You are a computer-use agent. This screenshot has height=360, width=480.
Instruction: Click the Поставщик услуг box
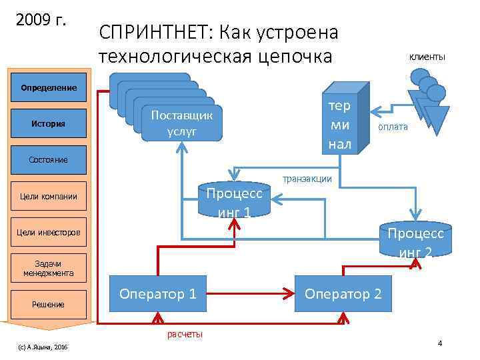tap(182, 123)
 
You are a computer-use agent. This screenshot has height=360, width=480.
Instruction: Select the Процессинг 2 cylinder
tap(415, 240)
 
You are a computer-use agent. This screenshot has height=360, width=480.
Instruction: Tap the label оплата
tap(393, 127)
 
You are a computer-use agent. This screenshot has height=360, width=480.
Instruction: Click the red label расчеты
tap(185, 334)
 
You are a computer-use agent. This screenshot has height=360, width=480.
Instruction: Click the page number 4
tap(440, 343)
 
